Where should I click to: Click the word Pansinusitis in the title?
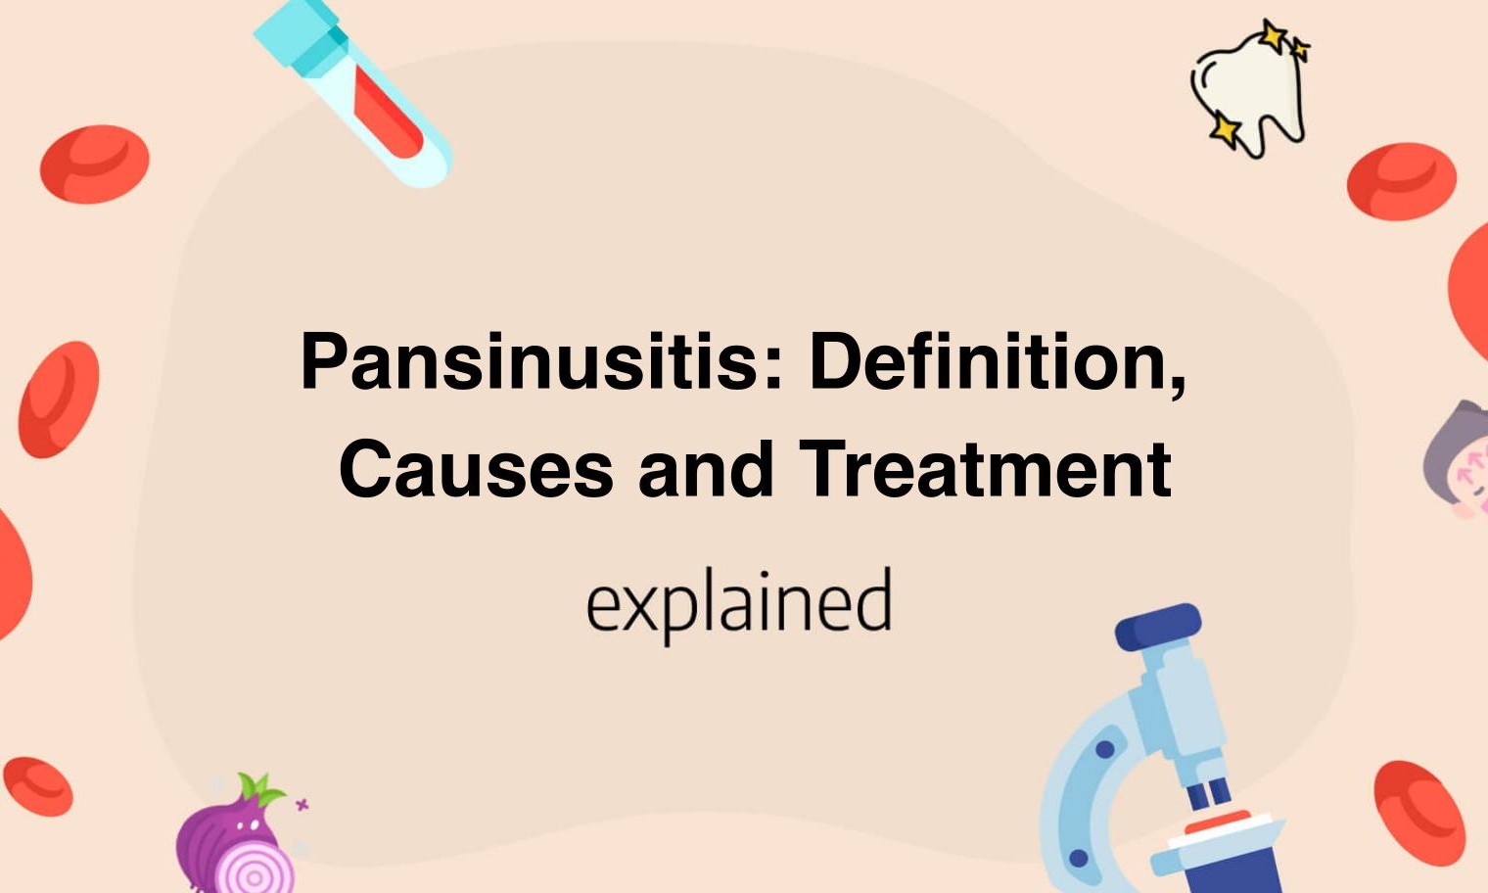click(529, 361)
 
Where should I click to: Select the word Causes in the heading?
click(476, 469)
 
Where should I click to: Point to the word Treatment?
click(985, 469)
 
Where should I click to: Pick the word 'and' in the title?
click(706, 469)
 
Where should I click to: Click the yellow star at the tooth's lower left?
click(1224, 129)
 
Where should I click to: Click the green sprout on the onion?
click(259, 789)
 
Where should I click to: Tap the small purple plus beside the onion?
click(302, 805)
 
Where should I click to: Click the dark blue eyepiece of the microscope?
click(1159, 626)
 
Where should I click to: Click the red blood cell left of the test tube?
click(94, 164)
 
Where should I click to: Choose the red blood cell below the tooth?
click(1401, 180)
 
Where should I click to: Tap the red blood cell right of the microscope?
click(1418, 812)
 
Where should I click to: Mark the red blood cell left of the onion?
click(38, 785)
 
